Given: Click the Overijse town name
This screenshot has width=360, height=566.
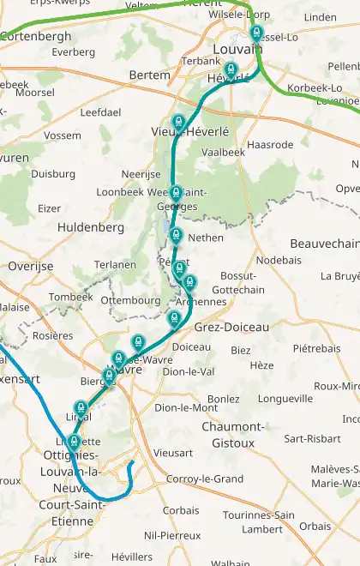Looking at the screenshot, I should (x=30, y=267).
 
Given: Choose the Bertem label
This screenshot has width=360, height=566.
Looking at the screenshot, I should (x=149, y=75).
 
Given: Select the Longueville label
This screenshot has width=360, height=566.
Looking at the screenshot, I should (x=286, y=399).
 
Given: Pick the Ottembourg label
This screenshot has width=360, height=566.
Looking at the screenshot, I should (x=130, y=301).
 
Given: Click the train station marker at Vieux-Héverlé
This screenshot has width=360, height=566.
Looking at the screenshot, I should (x=179, y=123).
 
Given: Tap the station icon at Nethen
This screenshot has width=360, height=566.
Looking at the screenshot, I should (x=177, y=235).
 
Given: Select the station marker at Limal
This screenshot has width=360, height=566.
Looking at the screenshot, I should (x=81, y=407).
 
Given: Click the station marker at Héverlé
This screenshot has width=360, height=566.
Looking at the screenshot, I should (x=230, y=70).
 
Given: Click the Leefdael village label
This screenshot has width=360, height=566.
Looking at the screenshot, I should (x=100, y=112).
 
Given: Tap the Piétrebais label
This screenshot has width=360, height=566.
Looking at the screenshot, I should (x=316, y=349).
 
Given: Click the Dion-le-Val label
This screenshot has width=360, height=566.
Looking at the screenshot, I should (x=188, y=371).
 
